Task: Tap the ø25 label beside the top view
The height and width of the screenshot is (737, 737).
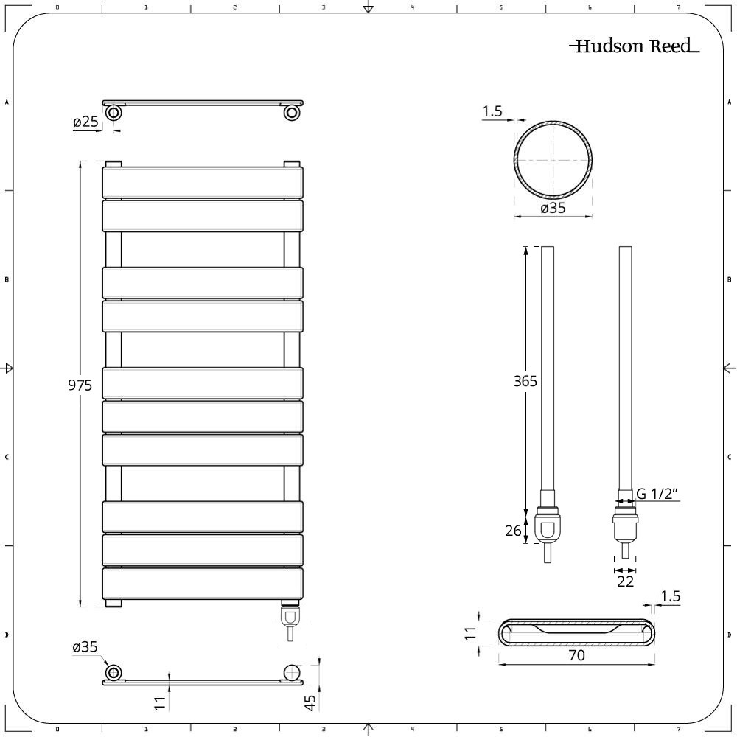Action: click(85, 122)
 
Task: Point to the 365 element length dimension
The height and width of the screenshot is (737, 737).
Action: click(525, 381)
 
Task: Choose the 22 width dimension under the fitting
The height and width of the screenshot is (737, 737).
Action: click(625, 581)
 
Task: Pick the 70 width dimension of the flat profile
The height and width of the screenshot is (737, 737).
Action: click(577, 655)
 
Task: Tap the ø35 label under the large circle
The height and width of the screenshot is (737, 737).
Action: click(553, 208)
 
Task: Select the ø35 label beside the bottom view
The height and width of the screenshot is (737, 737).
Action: click(85, 648)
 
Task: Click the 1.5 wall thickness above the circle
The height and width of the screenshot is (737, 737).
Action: click(492, 111)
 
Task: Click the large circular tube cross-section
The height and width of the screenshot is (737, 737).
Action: click(553, 161)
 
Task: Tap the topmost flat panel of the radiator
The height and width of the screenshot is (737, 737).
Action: click(203, 183)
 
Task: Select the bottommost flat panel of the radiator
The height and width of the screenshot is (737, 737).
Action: click(203, 583)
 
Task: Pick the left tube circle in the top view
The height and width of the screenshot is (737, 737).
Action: click(113, 113)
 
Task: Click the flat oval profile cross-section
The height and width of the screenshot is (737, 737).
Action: click(577, 631)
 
